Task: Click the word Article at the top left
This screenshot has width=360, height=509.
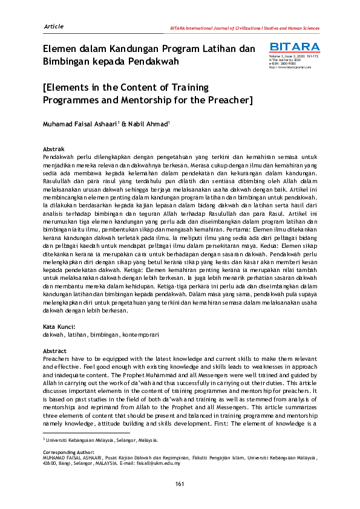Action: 54,26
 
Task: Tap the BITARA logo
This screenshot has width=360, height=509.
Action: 295,47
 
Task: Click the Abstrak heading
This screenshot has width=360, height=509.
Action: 53,149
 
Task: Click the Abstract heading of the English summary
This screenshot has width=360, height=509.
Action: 55,351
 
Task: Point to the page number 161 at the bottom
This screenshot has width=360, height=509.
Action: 180,483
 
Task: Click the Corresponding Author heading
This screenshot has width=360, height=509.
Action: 69,452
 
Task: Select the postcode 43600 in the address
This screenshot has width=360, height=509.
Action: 51,462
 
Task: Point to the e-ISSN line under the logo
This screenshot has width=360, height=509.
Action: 283,63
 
